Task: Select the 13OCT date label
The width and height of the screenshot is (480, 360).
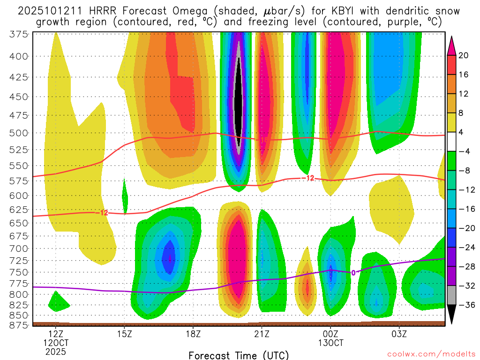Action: click(330, 342)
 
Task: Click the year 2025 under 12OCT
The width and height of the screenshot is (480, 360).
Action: click(56, 351)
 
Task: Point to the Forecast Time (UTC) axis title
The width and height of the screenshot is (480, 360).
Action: click(239, 355)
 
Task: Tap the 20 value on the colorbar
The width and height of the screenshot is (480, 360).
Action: click(464, 55)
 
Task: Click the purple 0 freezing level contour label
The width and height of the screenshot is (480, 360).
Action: click(353, 272)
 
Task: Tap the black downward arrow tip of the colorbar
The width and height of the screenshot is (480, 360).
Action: click(452, 322)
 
